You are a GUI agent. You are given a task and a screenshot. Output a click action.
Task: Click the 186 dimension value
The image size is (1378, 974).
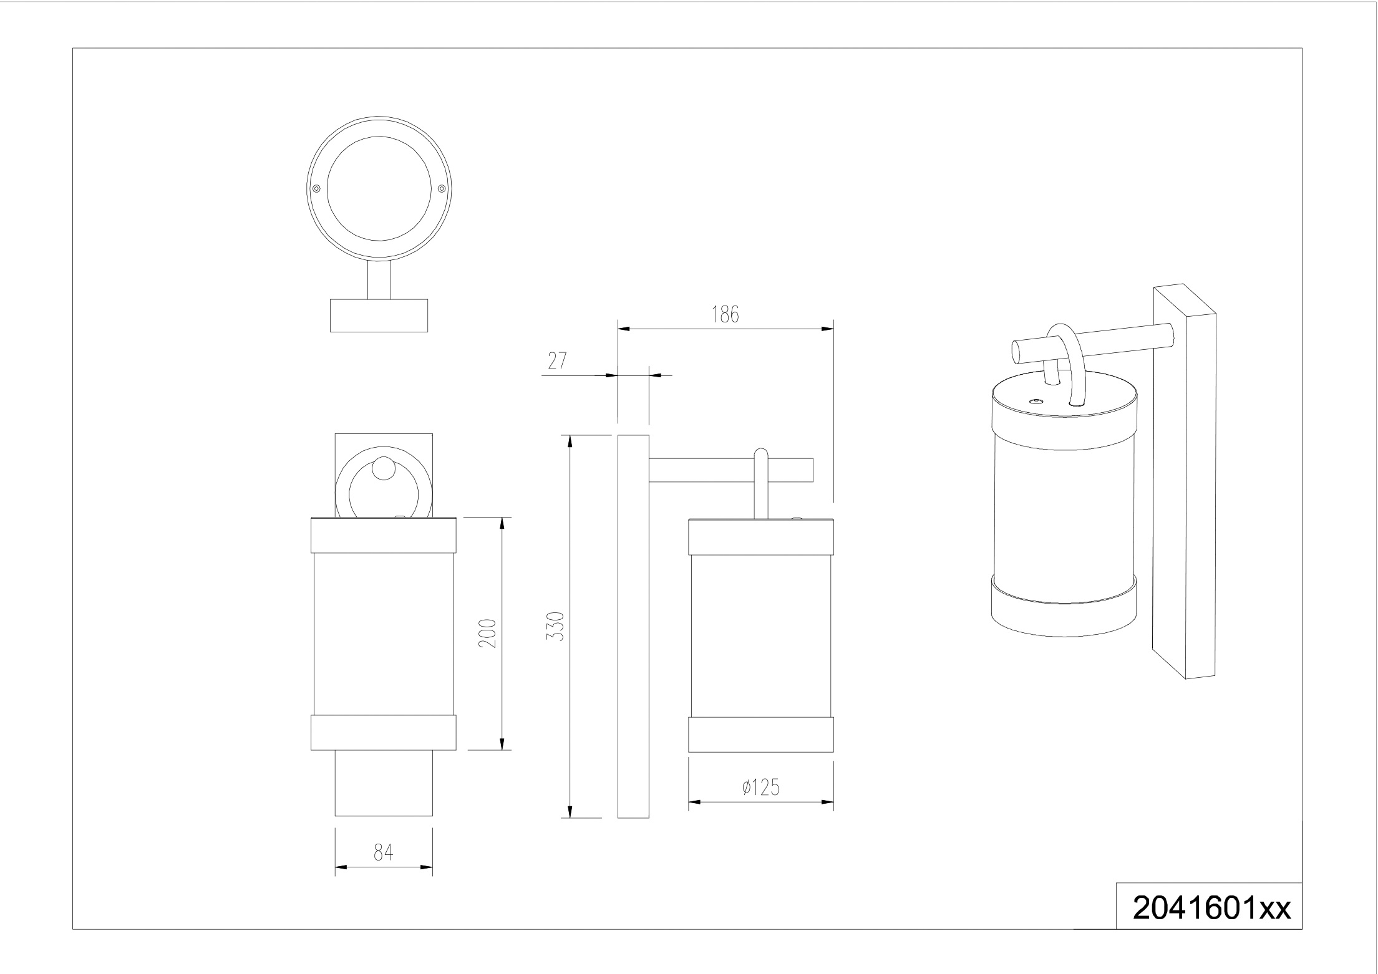point(725,314)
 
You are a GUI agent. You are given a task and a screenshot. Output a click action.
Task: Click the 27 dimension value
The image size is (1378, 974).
point(556,360)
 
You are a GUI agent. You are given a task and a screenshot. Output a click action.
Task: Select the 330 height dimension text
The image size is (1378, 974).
point(555,626)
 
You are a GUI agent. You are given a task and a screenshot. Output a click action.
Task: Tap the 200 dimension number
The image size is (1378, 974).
point(487,633)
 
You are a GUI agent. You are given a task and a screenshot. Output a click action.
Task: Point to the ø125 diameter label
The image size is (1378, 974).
point(761,788)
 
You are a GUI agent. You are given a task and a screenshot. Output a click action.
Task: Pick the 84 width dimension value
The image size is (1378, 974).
point(383,852)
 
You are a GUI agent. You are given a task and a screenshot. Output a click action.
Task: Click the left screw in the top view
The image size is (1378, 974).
point(316,188)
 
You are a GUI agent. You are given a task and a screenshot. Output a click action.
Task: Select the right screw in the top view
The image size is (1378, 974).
point(442,188)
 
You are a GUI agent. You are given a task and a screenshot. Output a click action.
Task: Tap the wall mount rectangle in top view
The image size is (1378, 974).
point(379,315)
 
